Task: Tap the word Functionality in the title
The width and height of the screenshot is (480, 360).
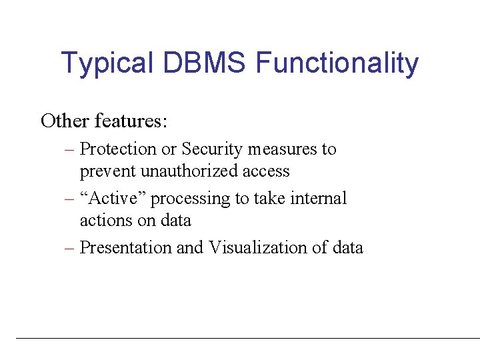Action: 337,64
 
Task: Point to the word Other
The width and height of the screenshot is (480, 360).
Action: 65,121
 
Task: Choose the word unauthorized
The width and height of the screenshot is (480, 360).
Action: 185,171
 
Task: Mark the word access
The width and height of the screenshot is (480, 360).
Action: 266,171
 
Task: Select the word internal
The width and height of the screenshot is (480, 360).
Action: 319,199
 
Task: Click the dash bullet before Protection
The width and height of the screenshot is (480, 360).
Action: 69,150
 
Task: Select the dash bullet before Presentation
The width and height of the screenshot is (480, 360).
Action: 69,249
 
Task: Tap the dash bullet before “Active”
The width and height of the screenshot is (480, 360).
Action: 69,199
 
